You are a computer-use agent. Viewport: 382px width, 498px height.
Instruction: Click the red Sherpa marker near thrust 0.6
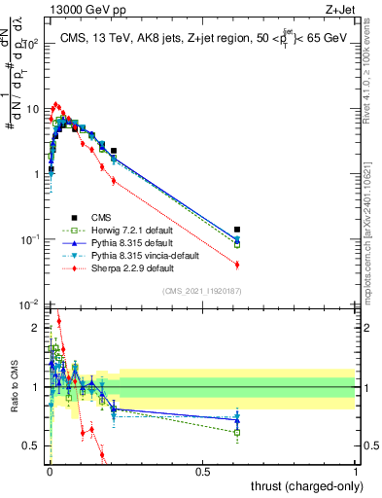click(237, 265)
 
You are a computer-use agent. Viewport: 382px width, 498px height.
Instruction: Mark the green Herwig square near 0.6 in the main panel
click(237, 244)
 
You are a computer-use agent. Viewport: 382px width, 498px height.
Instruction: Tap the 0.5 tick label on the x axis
click(202, 471)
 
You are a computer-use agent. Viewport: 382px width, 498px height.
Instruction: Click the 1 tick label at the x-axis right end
click(356, 471)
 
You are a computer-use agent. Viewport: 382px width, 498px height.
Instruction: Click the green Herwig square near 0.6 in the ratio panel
click(237, 432)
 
